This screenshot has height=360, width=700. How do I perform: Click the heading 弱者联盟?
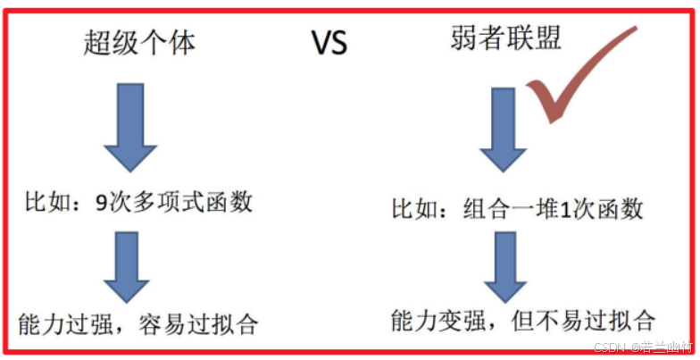[506, 38]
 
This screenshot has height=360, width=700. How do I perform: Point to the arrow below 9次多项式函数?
[130, 265]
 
